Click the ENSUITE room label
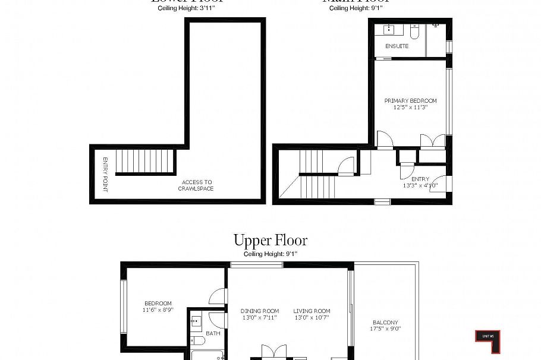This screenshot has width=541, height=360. click(x=397, y=46)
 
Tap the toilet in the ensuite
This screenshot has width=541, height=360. click(x=415, y=30)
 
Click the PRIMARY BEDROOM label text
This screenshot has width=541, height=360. click(x=410, y=101)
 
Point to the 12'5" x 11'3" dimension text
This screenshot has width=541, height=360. click(x=410, y=108)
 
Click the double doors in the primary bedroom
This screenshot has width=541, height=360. click(x=432, y=141)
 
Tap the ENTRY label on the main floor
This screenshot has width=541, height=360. click(x=420, y=179)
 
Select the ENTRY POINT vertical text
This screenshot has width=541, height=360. click(x=105, y=174)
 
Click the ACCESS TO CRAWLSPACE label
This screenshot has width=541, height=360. click(x=196, y=185)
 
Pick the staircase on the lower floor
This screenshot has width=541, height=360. click(x=145, y=161)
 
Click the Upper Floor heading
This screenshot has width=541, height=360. click(x=270, y=241)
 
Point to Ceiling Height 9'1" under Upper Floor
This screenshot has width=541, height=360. click(x=270, y=254)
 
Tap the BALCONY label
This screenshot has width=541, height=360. click(x=385, y=323)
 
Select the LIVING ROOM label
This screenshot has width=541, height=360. click(x=312, y=311)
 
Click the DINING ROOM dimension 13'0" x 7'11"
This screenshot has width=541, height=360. click(x=260, y=318)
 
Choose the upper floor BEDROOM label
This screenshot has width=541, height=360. click(x=158, y=304)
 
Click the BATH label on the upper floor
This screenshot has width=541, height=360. click(x=213, y=333)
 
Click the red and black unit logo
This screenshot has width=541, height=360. click(x=487, y=341)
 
